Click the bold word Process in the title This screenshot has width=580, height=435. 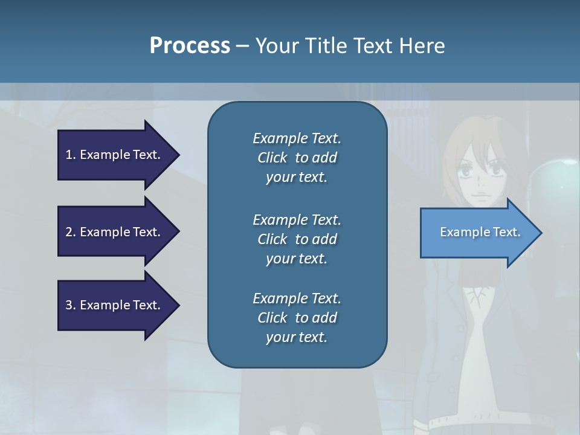coord(190,46)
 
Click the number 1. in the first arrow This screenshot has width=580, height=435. coord(71,155)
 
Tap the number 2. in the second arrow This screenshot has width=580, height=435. coord(71,232)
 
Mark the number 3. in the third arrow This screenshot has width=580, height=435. coord(71,305)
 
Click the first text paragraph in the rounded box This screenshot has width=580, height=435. coord(297,158)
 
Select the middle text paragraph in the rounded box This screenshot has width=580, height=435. coord(297,239)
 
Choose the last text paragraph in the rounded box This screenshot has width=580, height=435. coord(297,318)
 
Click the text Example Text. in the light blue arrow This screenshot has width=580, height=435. coord(480,232)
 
